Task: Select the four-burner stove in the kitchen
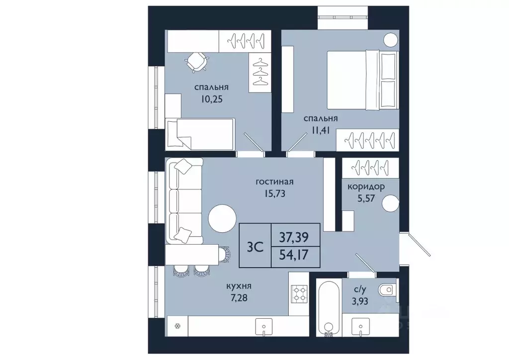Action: [x=299, y=293]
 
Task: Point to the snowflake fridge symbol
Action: [x=177, y=326]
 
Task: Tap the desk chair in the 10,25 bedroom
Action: [x=196, y=62]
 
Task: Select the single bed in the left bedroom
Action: [x=200, y=134]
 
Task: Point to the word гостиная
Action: [x=274, y=181]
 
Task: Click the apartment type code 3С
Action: [x=255, y=247]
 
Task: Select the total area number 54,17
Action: [x=294, y=255]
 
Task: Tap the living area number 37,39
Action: [x=294, y=238]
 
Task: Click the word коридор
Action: [x=366, y=187]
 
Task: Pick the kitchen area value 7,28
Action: [x=239, y=298]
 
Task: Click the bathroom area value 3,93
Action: [x=360, y=301]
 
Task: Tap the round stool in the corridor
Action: [x=390, y=203]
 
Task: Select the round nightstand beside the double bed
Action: [x=391, y=40]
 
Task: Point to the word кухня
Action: [x=239, y=286]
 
